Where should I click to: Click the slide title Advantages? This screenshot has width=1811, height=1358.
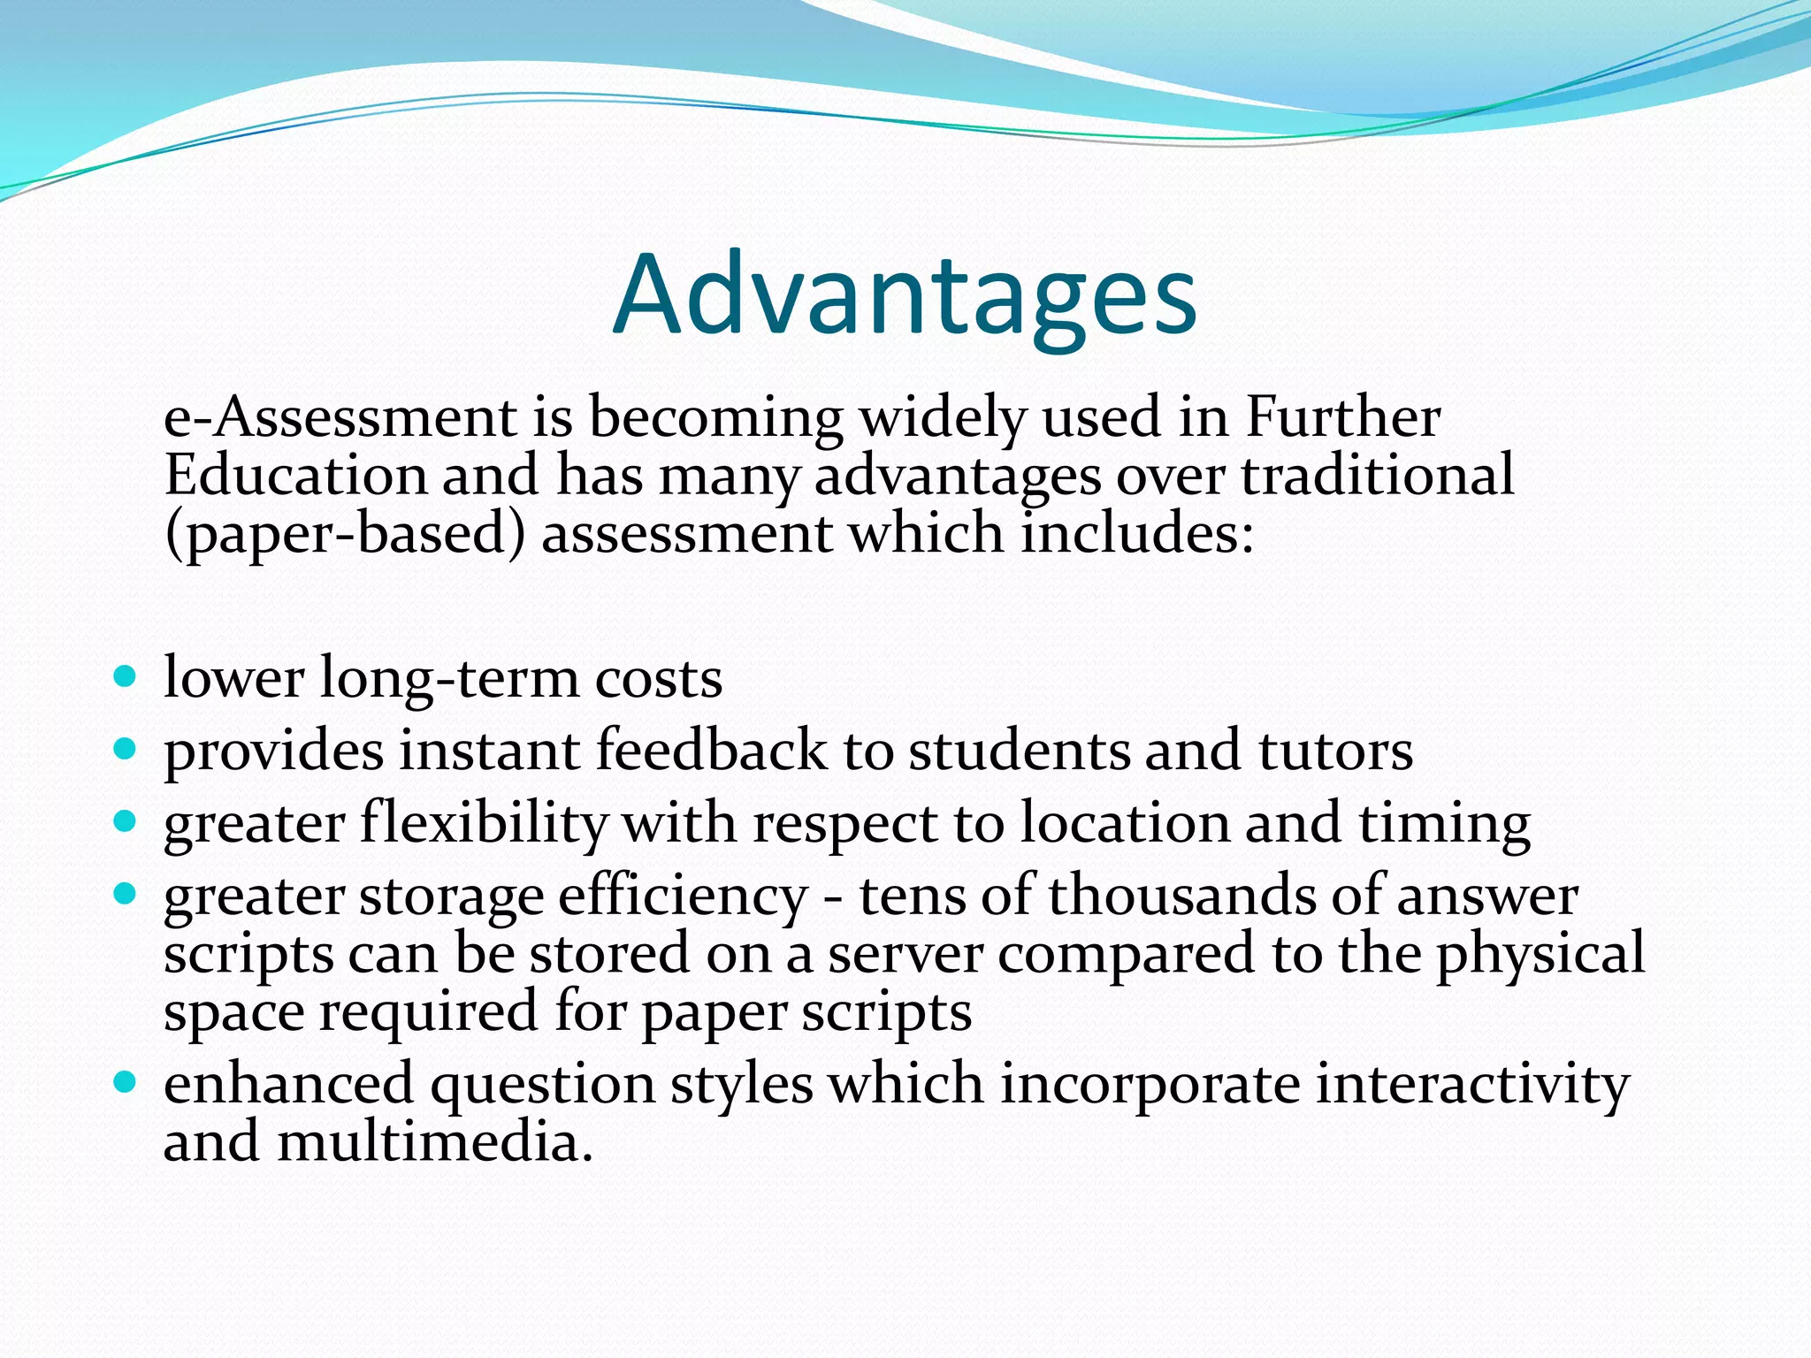point(905,296)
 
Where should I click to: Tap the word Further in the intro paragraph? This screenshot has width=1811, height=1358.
point(1342,417)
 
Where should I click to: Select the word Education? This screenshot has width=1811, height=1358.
point(295,475)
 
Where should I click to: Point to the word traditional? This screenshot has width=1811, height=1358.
point(1378,475)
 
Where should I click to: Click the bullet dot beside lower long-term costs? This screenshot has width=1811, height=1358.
point(126,678)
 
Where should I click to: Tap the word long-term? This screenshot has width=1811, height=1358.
point(448,680)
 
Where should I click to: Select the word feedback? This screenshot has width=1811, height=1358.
point(712,751)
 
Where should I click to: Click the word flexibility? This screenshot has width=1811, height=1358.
point(484,824)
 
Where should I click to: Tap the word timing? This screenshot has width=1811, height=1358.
point(1444,824)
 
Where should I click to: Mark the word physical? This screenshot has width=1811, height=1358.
point(1540,956)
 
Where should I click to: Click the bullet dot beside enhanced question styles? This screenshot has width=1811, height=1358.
point(126,1082)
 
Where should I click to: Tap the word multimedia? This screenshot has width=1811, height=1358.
point(434,1141)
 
